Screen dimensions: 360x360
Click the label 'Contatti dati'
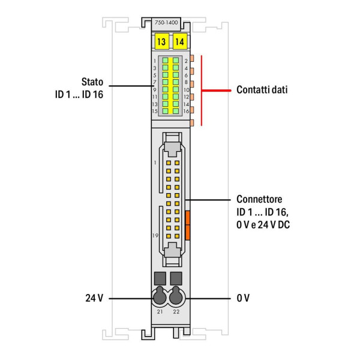[262, 90]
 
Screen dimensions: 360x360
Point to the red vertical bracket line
[202, 90]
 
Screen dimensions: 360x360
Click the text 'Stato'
[92, 81]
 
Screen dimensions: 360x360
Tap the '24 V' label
[95, 298]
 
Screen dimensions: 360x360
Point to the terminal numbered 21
[160, 311]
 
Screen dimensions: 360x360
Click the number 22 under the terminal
[176, 311]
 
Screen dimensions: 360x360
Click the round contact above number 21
[160, 297]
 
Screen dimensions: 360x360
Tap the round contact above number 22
[176, 297]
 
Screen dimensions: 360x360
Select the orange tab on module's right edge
[188, 224]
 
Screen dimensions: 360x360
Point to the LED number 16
[186, 112]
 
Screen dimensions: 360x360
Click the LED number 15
[155, 112]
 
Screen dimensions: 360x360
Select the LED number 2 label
[186, 61]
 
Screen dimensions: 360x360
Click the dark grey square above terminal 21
[160, 278]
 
